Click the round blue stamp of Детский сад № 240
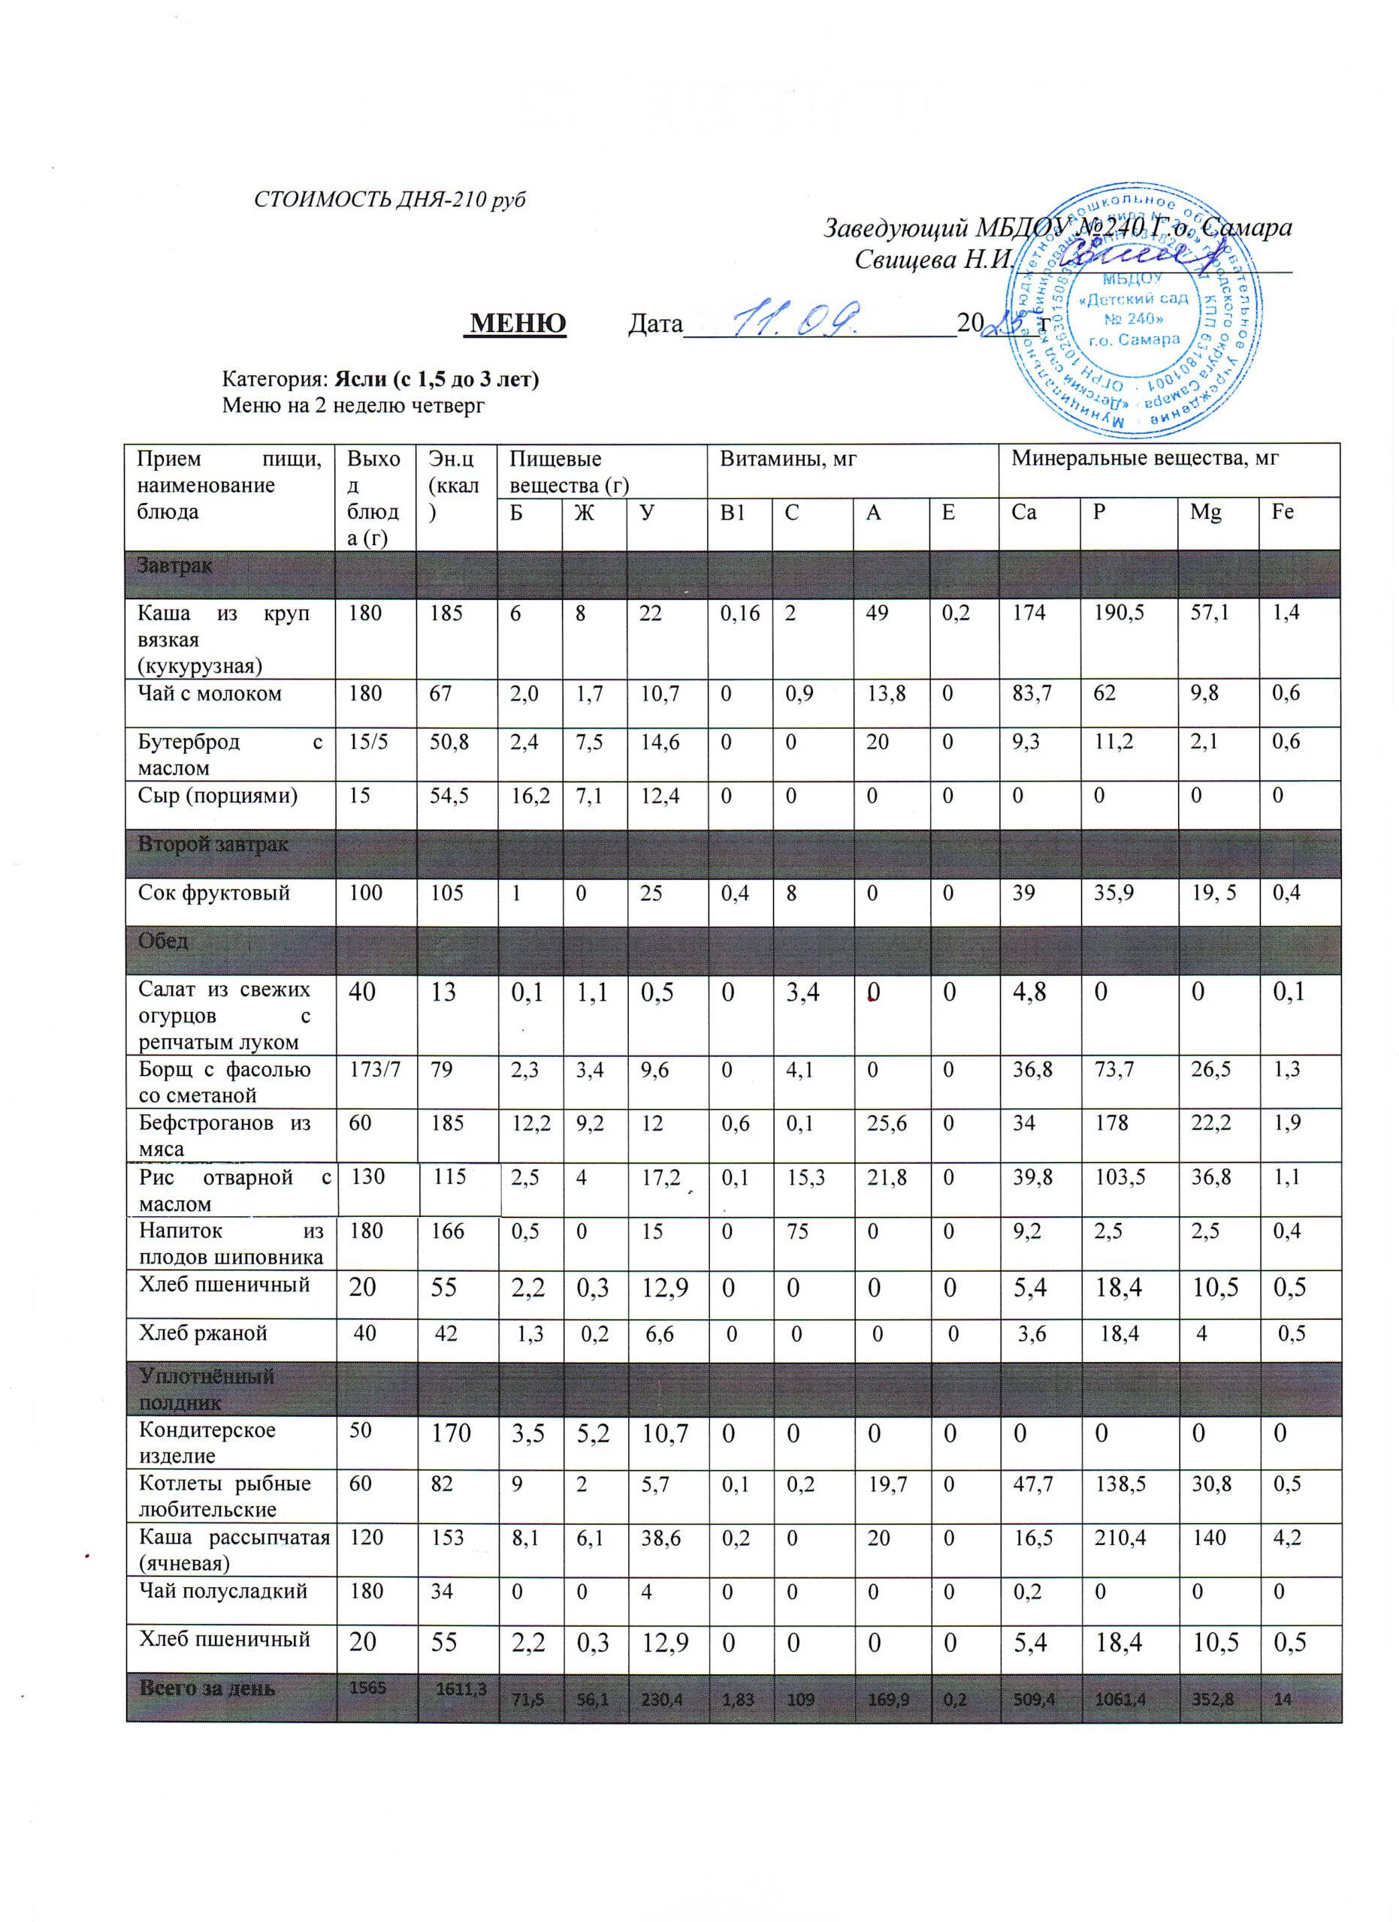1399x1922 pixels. tap(1132, 309)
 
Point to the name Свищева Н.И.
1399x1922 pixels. tap(932, 258)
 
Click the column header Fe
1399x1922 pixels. tap(1282, 512)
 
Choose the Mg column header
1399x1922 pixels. tap(1206, 512)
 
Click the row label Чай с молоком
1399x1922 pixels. tap(210, 693)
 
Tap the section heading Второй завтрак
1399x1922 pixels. tap(213, 845)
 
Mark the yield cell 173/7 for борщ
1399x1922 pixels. tap(374, 1069)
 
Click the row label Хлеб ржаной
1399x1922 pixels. tap(204, 1333)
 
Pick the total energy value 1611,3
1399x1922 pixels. tap(461, 1688)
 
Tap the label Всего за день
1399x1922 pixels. tap(207, 1688)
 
